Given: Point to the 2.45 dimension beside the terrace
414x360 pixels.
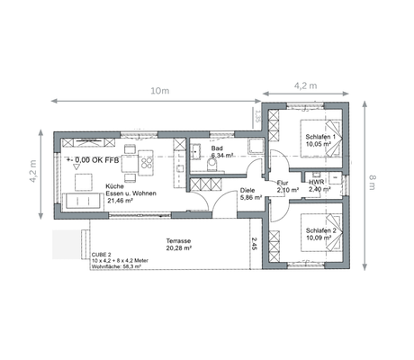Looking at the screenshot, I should click(255, 245).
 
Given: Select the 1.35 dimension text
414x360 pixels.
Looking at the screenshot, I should click(256, 116).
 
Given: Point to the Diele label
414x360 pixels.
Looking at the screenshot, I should click(248, 192).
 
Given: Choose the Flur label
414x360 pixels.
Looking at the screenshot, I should click(283, 183).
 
